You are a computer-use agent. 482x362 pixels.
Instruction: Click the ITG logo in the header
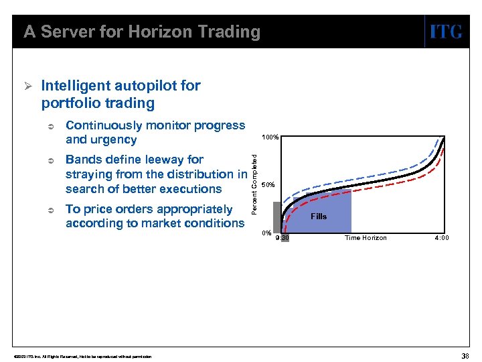click(x=445, y=32)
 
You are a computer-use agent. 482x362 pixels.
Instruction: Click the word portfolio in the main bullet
click(x=72, y=103)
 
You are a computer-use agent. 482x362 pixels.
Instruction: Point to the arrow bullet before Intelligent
click(x=27, y=86)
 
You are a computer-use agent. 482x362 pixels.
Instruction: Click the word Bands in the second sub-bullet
click(x=84, y=160)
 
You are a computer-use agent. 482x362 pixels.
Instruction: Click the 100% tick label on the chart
click(x=270, y=137)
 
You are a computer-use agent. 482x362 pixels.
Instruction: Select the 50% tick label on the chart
click(x=268, y=185)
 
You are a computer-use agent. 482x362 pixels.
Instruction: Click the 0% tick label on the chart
click(x=266, y=233)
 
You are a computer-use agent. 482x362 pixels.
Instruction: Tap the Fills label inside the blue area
click(x=319, y=217)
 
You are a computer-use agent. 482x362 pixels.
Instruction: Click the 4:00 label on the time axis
click(x=442, y=238)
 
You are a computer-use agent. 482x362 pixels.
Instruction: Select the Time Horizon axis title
click(x=366, y=238)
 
